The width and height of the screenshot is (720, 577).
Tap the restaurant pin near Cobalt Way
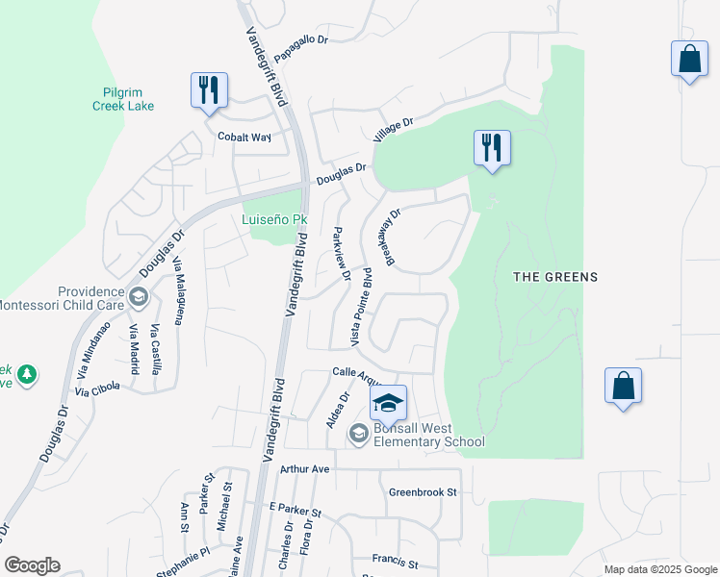coord(209,90)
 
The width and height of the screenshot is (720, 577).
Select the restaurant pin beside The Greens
coord(492,148)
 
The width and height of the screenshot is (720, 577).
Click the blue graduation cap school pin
coord(388,403)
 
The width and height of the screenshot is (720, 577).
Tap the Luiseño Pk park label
coord(266,219)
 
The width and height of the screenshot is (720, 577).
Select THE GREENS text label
coord(554,277)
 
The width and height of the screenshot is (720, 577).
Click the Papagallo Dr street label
coord(301,49)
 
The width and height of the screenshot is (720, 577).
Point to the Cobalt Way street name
coord(244,137)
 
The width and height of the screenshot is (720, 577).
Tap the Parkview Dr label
coord(340,254)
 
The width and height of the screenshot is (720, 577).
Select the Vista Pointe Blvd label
coord(361,307)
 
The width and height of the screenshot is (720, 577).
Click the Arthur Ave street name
coord(304,468)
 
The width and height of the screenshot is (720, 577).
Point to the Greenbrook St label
coord(422,492)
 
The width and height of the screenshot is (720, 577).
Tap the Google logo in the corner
coord(32,565)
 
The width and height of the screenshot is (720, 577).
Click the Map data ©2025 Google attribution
coord(659,569)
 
